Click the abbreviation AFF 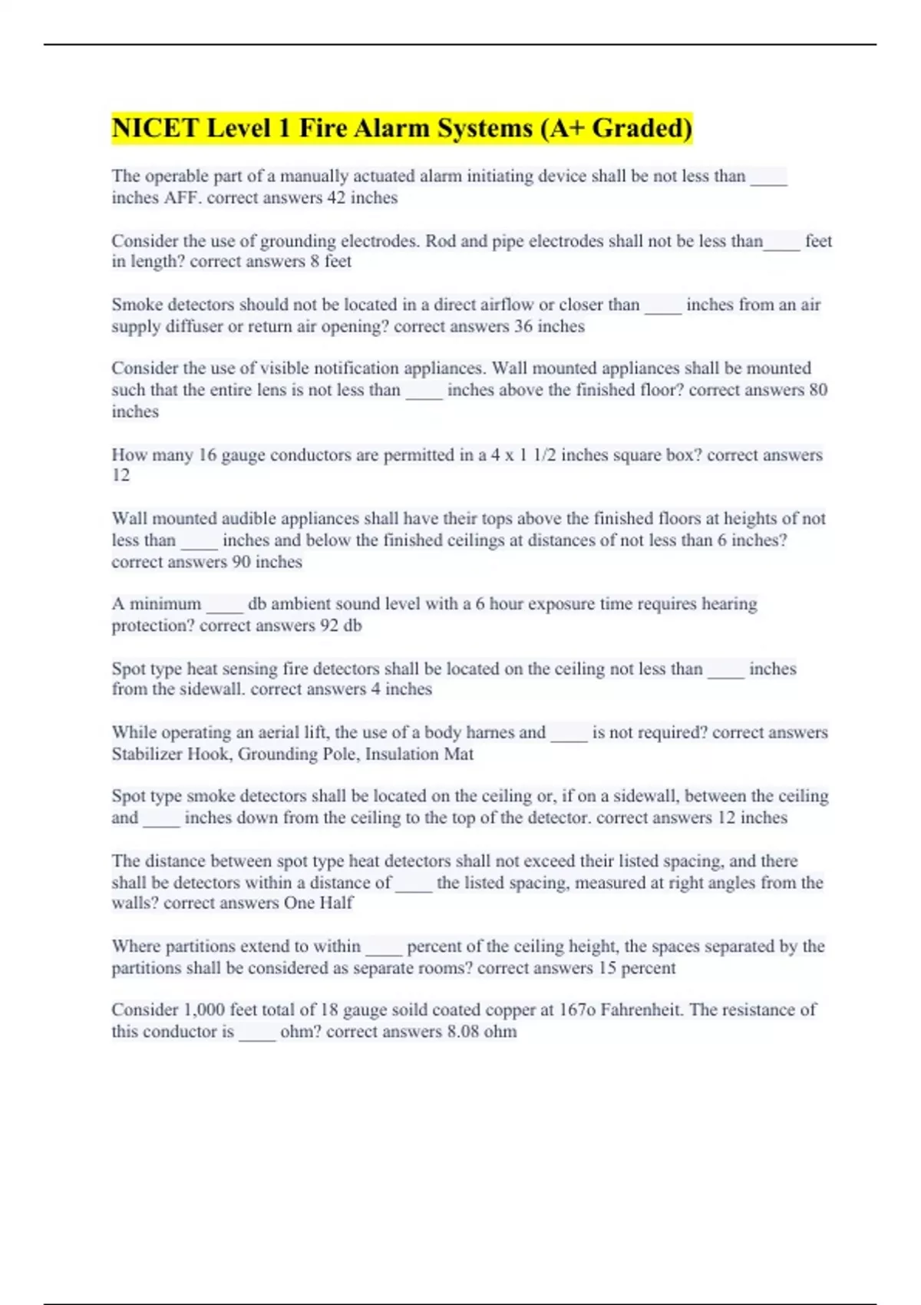coord(183,197)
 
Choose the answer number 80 coord(818,390)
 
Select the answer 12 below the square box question coord(120,475)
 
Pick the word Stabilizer coord(147,754)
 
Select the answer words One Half coord(319,903)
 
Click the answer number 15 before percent coord(607,967)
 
